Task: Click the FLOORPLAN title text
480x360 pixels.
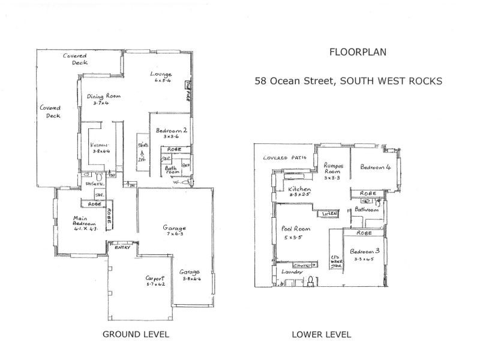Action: pos(358,52)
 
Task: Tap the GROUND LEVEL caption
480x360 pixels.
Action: pos(136,334)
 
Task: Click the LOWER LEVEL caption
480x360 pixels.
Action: pos(321,334)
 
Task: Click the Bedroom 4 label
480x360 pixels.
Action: pos(376,168)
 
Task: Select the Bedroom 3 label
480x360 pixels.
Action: pos(365,254)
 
